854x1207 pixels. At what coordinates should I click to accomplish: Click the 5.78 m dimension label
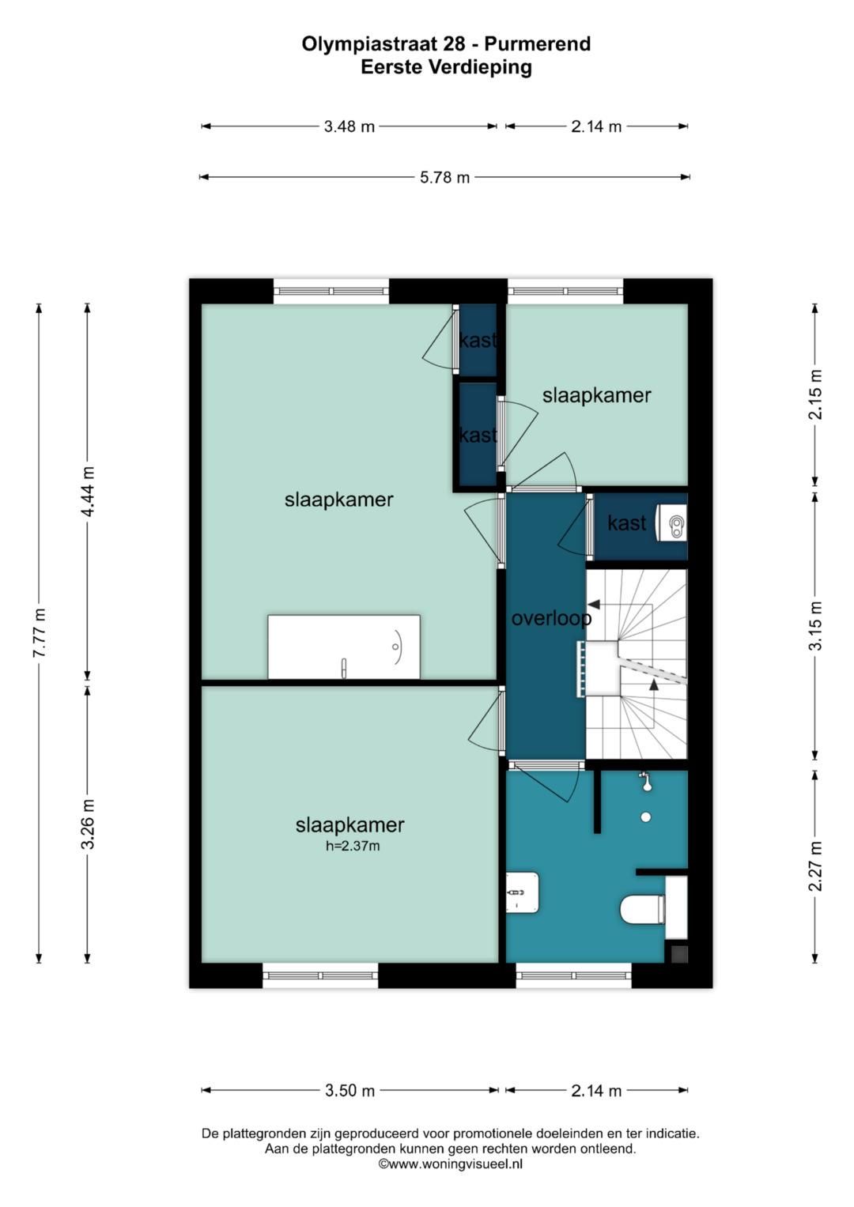tap(444, 177)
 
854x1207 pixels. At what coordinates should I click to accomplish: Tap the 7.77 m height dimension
tap(40, 632)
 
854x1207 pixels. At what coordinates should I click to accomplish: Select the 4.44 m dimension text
tap(88, 491)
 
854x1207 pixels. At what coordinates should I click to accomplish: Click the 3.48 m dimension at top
tap(349, 126)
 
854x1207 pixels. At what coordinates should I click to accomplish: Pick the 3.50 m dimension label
tap(350, 1091)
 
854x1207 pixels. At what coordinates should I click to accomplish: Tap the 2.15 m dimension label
tap(816, 394)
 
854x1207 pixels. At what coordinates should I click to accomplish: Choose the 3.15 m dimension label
tap(816, 625)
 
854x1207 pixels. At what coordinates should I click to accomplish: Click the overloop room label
tap(551, 619)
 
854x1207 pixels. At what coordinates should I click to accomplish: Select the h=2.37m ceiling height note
tap(353, 846)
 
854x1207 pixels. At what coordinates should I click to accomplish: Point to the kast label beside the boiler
tap(626, 522)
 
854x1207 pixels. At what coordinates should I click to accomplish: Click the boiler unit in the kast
tap(671, 522)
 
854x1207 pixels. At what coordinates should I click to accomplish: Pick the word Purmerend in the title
tap(537, 43)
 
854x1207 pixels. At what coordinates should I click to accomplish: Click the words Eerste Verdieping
tap(447, 67)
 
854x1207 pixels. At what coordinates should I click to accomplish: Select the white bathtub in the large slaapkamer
tap(344, 647)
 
